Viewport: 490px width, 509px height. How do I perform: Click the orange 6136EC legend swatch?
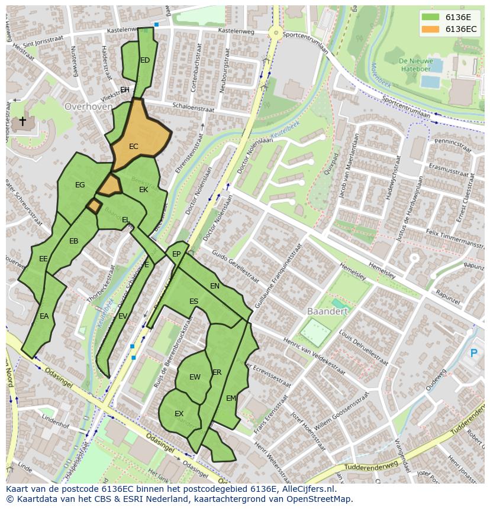[431, 29]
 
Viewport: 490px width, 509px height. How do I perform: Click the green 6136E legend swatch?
[431, 17]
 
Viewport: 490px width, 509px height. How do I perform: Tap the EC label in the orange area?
[134, 147]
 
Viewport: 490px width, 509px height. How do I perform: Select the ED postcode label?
[145, 60]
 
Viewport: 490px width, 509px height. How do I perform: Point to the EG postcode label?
[80, 185]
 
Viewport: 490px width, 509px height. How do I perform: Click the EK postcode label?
[143, 190]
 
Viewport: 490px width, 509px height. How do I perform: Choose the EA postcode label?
[44, 316]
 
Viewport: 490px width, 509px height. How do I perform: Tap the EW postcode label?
[195, 377]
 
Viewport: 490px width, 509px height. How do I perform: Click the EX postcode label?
[179, 414]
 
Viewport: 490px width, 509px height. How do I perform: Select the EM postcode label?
[231, 398]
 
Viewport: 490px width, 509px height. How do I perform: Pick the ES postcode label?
[194, 301]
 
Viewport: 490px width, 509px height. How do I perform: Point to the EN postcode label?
[215, 286]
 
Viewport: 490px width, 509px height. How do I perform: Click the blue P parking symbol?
[473, 354]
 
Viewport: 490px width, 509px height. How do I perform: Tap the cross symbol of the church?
[22, 122]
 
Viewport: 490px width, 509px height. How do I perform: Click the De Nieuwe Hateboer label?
[415, 65]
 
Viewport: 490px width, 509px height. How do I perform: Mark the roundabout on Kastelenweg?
[275, 33]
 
